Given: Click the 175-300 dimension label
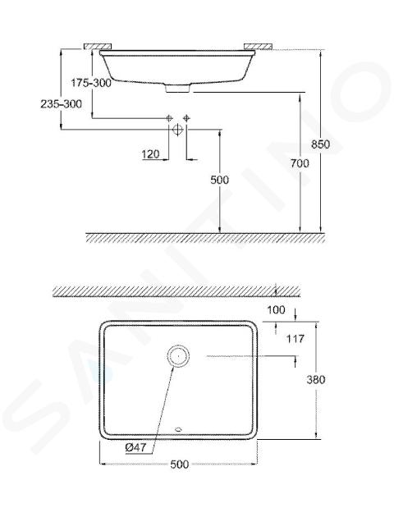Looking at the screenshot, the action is click(91, 83).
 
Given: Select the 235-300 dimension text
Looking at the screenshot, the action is click(62, 104).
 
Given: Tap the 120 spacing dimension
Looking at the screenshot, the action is click(150, 153).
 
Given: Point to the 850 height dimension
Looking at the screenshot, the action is click(320, 144).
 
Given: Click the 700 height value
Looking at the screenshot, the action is click(300, 162).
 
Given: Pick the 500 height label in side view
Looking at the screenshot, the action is click(220, 180).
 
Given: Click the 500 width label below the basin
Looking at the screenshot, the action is click(180, 464).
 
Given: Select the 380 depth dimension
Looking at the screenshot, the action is click(316, 379).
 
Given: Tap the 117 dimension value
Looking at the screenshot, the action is click(295, 338).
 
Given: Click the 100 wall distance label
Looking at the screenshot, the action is click(276, 310).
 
